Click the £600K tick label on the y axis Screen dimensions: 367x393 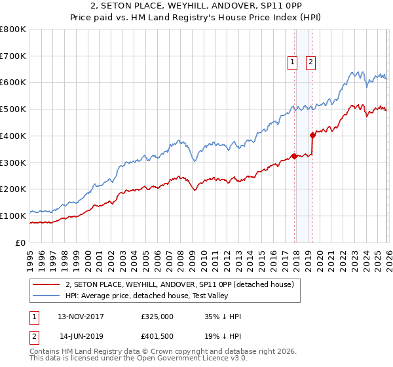coord(13,83)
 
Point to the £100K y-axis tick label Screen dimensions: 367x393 coord(13,216)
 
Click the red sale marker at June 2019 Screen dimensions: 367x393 coord(312,135)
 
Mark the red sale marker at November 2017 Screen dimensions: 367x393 coord(294,156)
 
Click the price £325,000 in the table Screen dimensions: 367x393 coord(157,317)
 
